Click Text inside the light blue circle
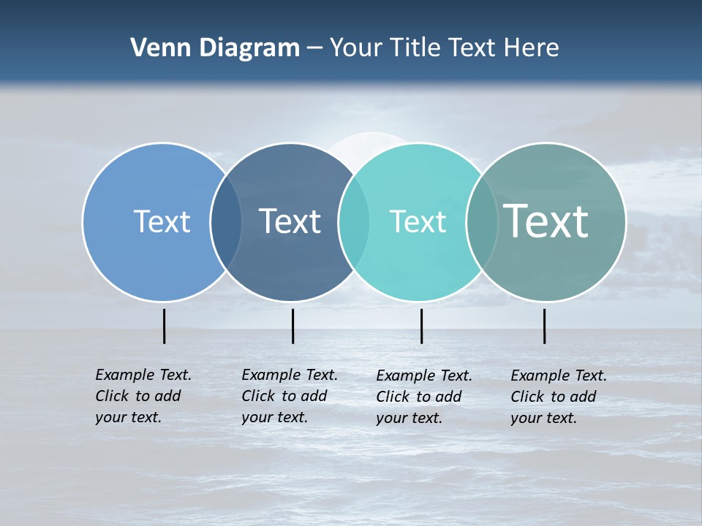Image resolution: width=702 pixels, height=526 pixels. [x=162, y=221]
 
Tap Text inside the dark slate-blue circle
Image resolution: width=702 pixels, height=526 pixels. [x=290, y=221]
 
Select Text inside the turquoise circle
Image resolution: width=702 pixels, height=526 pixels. [x=418, y=222]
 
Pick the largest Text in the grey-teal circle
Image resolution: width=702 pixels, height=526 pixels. [x=546, y=221]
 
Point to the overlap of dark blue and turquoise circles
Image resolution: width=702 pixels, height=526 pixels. [x=354, y=222]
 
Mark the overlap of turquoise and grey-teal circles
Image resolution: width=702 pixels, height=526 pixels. [x=482, y=222]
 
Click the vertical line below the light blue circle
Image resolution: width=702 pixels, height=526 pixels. [x=165, y=326]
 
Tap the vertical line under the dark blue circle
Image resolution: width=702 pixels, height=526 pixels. [x=292, y=326]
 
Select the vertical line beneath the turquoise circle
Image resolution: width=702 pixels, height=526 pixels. [x=422, y=326]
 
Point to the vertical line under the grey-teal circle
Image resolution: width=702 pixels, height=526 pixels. [x=545, y=326]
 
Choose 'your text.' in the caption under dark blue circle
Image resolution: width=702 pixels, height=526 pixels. [x=274, y=417]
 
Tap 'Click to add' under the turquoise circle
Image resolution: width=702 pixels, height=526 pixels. [x=419, y=397]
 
